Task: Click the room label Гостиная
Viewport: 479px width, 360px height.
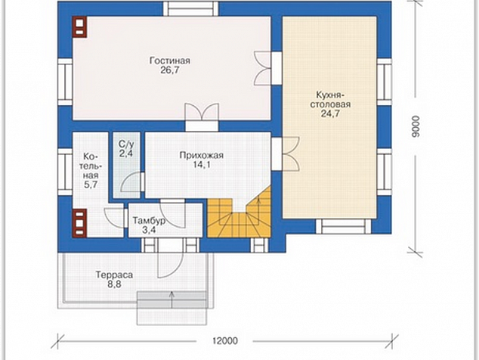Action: pos(170,61)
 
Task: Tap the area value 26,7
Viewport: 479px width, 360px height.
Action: pos(170,70)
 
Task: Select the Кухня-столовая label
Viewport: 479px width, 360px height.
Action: pos(330,99)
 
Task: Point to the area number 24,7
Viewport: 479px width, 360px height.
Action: pos(330,113)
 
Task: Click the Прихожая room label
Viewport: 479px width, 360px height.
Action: pos(201,155)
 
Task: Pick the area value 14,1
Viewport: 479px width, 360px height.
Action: pos(202,165)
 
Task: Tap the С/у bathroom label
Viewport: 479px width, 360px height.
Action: pos(126,144)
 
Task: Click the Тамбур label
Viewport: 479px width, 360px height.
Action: pos(149,221)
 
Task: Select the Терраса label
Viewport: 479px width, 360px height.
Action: pos(114,275)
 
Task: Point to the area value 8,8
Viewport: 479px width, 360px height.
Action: pos(114,284)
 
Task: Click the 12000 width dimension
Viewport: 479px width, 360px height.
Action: pos(225,341)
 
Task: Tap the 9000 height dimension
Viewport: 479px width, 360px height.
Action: pos(416,126)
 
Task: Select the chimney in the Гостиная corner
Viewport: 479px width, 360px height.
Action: pos(80,27)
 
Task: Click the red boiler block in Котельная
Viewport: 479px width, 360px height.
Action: pos(80,223)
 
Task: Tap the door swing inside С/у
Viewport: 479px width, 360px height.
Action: pos(132,182)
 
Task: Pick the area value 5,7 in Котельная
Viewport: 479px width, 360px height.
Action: pos(91,185)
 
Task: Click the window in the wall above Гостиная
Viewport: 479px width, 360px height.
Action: pos(191,9)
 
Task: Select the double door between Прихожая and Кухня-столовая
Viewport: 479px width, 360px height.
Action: pos(286,154)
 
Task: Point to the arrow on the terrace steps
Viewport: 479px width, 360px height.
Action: pos(172,299)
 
